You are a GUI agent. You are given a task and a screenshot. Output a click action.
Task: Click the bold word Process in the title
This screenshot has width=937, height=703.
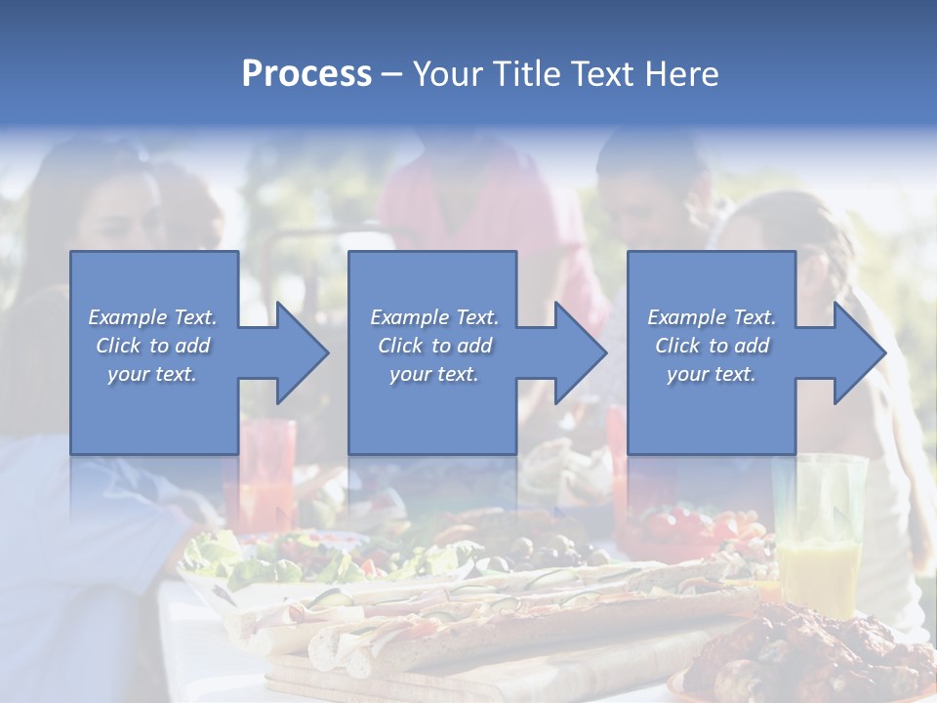[x=306, y=74]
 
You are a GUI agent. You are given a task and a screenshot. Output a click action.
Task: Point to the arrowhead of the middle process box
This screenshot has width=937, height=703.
[x=579, y=353]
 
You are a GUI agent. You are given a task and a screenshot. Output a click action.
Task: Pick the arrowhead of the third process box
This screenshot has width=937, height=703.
[x=858, y=353]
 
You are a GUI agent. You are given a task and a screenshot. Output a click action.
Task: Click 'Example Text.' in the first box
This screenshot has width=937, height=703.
[x=152, y=317]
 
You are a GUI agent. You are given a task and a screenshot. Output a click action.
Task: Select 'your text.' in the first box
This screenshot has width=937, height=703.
[x=152, y=374]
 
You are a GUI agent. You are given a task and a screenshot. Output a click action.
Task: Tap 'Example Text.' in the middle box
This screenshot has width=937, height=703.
[x=434, y=317]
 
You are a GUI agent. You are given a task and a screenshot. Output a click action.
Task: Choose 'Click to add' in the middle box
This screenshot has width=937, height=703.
[x=434, y=346]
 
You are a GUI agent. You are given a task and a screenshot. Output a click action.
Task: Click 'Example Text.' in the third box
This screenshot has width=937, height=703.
[x=712, y=317]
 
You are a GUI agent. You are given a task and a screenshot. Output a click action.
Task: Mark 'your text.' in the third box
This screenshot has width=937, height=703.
[x=712, y=374]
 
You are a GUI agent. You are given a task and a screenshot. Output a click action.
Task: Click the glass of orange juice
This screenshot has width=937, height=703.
[x=818, y=547]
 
